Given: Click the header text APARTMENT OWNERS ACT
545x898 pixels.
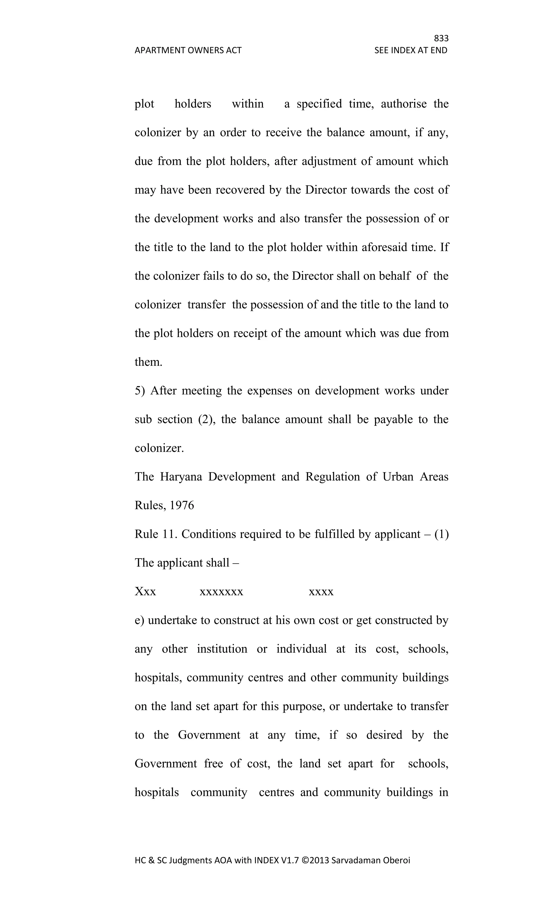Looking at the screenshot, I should click(188, 50).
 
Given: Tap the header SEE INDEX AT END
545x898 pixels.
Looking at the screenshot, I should click(411, 50).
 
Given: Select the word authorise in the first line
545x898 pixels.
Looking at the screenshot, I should click(404, 104).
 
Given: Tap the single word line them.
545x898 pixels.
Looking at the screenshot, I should click(148, 362).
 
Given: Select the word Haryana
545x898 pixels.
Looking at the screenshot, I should click(181, 477).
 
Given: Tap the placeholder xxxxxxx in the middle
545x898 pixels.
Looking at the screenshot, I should click(221, 592).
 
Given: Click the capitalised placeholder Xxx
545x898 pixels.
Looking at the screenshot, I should click(145, 592).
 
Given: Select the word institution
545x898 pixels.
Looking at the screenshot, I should click(222, 649).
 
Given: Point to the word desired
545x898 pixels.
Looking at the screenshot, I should click(384, 735).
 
